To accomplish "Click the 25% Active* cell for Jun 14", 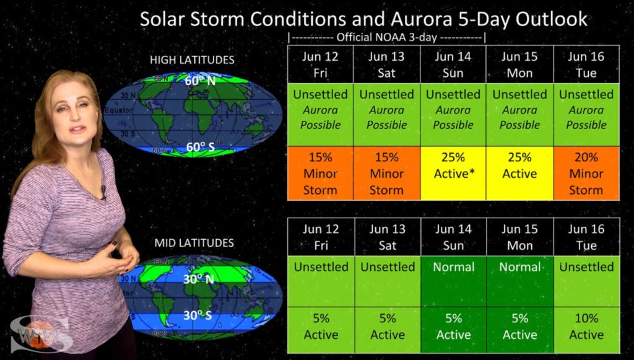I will click(x=453, y=173).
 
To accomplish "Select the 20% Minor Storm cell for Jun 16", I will click(x=586, y=173).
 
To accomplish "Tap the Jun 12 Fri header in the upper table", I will click(x=320, y=64).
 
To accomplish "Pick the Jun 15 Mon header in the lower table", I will click(x=519, y=237).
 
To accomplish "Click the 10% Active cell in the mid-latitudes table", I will click(x=586, y=326).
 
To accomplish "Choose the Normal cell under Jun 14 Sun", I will click(x=453, y=267).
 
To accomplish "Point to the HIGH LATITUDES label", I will click(x=192, y=60).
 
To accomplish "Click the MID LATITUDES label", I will click(x=194, y=243).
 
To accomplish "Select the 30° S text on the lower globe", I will click(x=197, y=315).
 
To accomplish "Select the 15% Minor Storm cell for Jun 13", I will click(x=386, y=173).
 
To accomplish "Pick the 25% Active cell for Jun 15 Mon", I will click(x=519, y=173).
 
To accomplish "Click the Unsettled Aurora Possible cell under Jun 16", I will click(x=586, y=110).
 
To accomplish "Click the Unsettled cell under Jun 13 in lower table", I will click(x=387, y=267).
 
